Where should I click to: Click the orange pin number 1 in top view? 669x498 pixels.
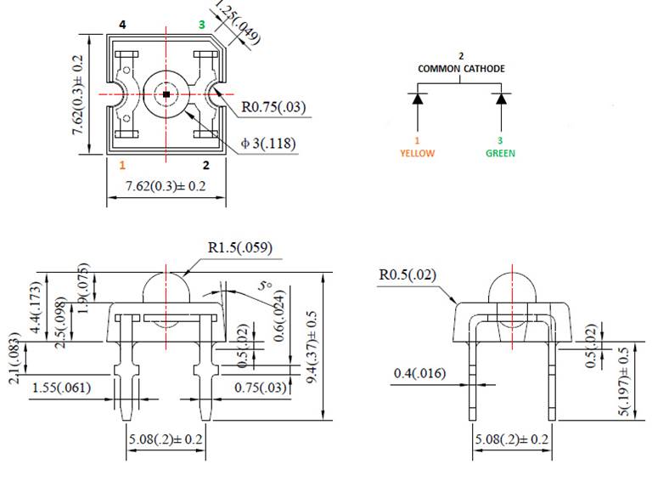click(x=122, y=165)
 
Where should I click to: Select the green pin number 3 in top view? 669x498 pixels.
click(x=201, y=25)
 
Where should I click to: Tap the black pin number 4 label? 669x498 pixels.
click(x=122, y=25)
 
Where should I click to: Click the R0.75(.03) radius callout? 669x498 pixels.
click(x=273, y=108)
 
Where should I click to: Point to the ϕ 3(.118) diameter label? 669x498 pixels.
click(x=268, y=144)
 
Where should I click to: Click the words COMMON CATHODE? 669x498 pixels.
click(x=460, y=68)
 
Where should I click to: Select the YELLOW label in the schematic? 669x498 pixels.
click(x=417, y=154)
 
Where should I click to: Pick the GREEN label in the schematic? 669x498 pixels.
click(x=500, y=154)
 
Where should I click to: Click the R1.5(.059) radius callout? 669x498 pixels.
click(x=240, y=248)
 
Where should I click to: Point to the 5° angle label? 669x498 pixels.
click(x=266, y=286)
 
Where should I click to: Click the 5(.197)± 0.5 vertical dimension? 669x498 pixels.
click(x=624, y=382)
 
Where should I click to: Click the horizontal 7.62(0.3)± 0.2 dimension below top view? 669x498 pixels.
click(x=166, y=186)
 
